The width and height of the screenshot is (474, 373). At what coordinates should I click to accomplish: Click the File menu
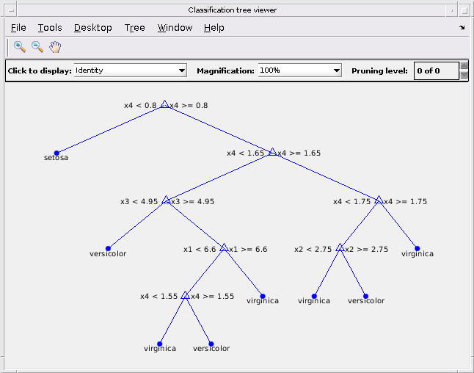[x=18, y=28]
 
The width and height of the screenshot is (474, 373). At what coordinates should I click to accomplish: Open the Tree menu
[x=134, y=28]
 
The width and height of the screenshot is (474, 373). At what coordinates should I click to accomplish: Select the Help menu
[x=214, y=28]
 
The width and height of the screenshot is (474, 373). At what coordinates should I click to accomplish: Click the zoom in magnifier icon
[x=20, y=47]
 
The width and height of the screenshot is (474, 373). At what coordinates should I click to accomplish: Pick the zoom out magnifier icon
[x=37, y=47]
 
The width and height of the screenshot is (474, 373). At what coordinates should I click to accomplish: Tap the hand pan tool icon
[x=55, y=47]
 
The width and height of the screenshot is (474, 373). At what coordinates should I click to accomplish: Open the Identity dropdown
[x=131, y=70]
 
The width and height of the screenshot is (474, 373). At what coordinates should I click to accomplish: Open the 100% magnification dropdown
[x=299, y=70]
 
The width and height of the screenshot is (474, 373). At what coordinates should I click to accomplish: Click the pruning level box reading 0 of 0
[x=437, y=70]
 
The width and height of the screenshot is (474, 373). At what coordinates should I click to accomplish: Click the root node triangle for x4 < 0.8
[x=164, y=104]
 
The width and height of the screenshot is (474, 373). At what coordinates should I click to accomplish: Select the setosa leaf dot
[x=56, y=153]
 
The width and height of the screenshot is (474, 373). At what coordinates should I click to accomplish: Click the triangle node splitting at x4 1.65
[x=273, y=152]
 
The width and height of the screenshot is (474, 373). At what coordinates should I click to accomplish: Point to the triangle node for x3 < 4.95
[x=166, y=200]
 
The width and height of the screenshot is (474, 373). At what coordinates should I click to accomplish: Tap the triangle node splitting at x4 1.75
[x=379, y=200]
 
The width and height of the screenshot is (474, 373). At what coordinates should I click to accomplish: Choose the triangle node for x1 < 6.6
[x=224, y=247]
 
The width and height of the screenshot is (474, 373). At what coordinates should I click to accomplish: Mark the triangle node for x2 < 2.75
[x=340, y=247]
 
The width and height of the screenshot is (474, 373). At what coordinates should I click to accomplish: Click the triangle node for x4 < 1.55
[x=185, y=295]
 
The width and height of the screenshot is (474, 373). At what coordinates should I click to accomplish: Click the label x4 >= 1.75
[x=405, y=202]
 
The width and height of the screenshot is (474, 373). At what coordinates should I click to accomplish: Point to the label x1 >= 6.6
[x=248, y=250]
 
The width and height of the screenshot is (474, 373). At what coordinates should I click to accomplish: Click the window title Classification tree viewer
[x=232, y=10]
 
